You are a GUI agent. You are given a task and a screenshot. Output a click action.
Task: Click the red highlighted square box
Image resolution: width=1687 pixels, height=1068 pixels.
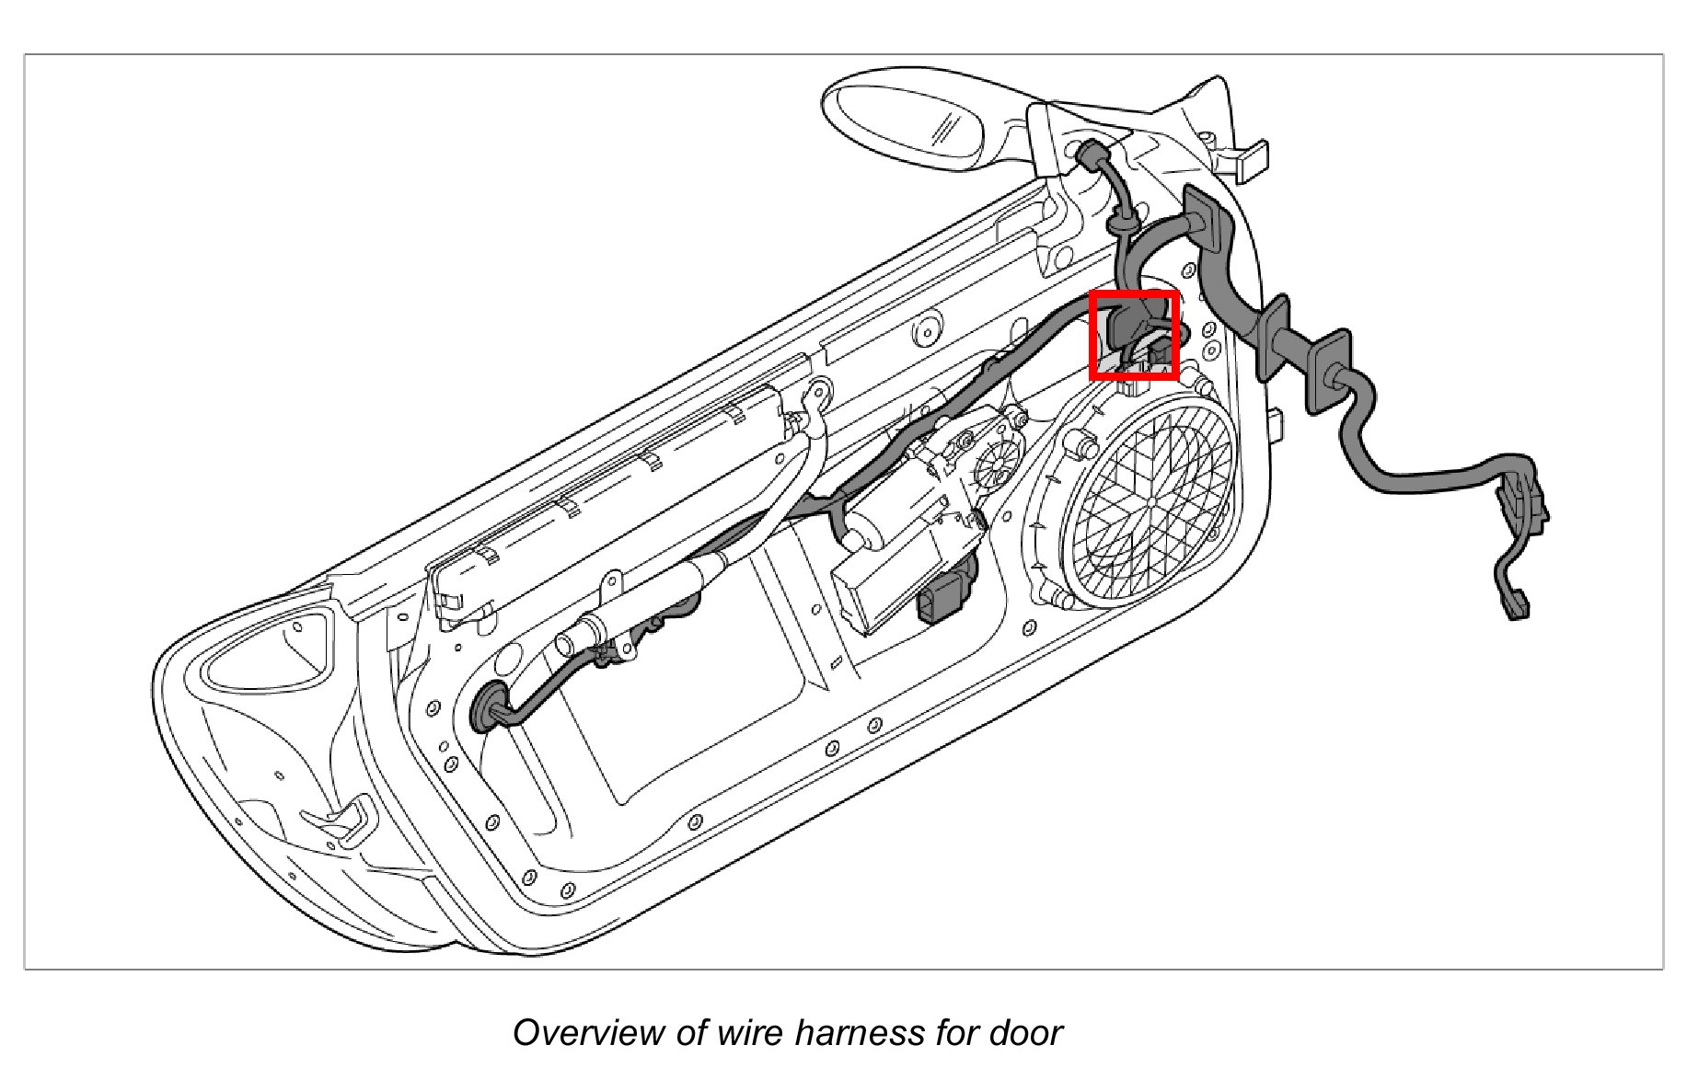coord(1134,335)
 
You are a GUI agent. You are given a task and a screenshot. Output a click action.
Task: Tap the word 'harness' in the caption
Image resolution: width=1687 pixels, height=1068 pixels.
coord(862,1033)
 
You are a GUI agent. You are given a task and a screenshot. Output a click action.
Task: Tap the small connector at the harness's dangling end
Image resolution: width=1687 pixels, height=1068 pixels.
coord(1516,607)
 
